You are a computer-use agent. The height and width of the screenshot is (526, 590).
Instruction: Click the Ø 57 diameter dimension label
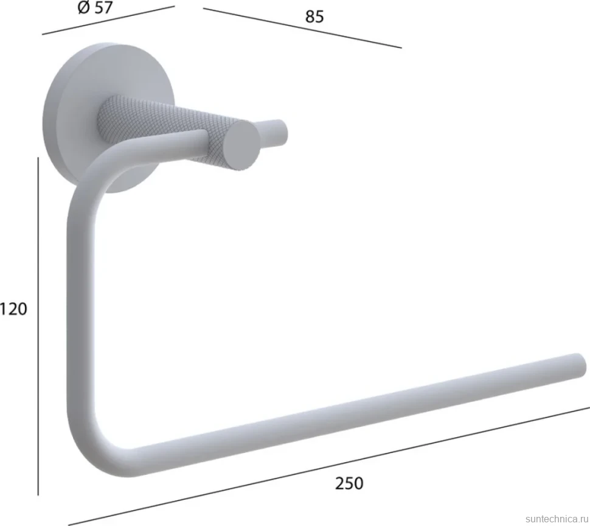point(95,7)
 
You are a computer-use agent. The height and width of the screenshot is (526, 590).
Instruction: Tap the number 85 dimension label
point(314,17)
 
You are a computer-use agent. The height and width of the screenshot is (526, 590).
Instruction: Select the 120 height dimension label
point(13,309)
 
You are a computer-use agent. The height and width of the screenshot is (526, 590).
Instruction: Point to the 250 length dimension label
point(349,483)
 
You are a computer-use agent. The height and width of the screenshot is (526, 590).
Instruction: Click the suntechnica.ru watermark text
point(557,519)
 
